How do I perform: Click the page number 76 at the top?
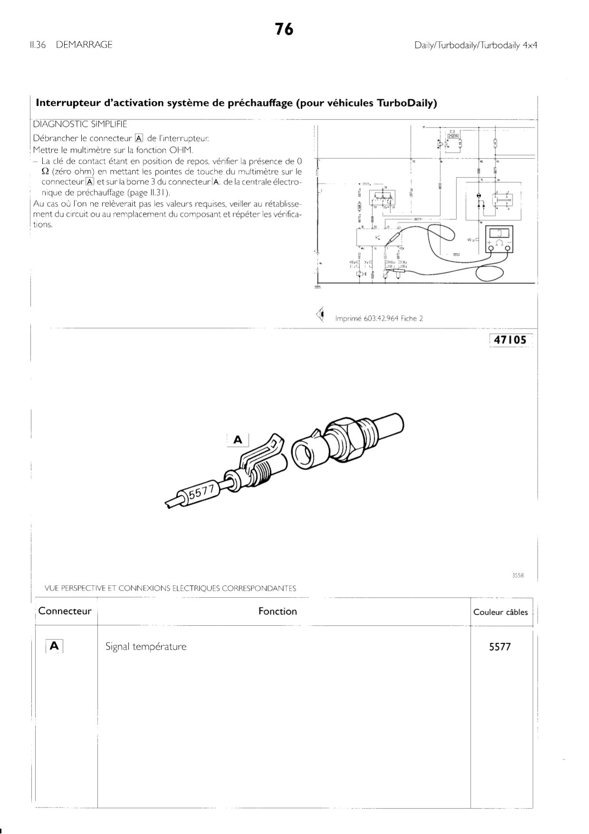pyautogui.click(x=284, y=29)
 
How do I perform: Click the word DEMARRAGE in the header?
pyautogui.click(x=84, y=45)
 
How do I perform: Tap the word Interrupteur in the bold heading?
pyautogui.click(x=67, y=103)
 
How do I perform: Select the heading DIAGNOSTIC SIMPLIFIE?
pyautogui.click(x=80, y=125)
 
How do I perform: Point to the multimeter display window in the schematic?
pyautogui.click(x=499, y=233)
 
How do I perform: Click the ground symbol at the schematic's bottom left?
pyautogui.click(x=318, y=287)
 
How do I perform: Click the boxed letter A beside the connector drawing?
pyautogui.click(x=238, y=440)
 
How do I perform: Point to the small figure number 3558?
pyautogui.click(x=517, y=575)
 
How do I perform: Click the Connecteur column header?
pyautogui.click(x=65, y=611)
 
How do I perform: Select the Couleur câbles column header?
pyautogui.click(x=500, y=612)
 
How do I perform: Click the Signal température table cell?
pyautogui.click(x=146, y=647)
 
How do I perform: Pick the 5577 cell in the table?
pyautogui.click(x=500, y=647)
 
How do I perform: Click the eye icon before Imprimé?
pyautogui.click(x=321, y=313)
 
